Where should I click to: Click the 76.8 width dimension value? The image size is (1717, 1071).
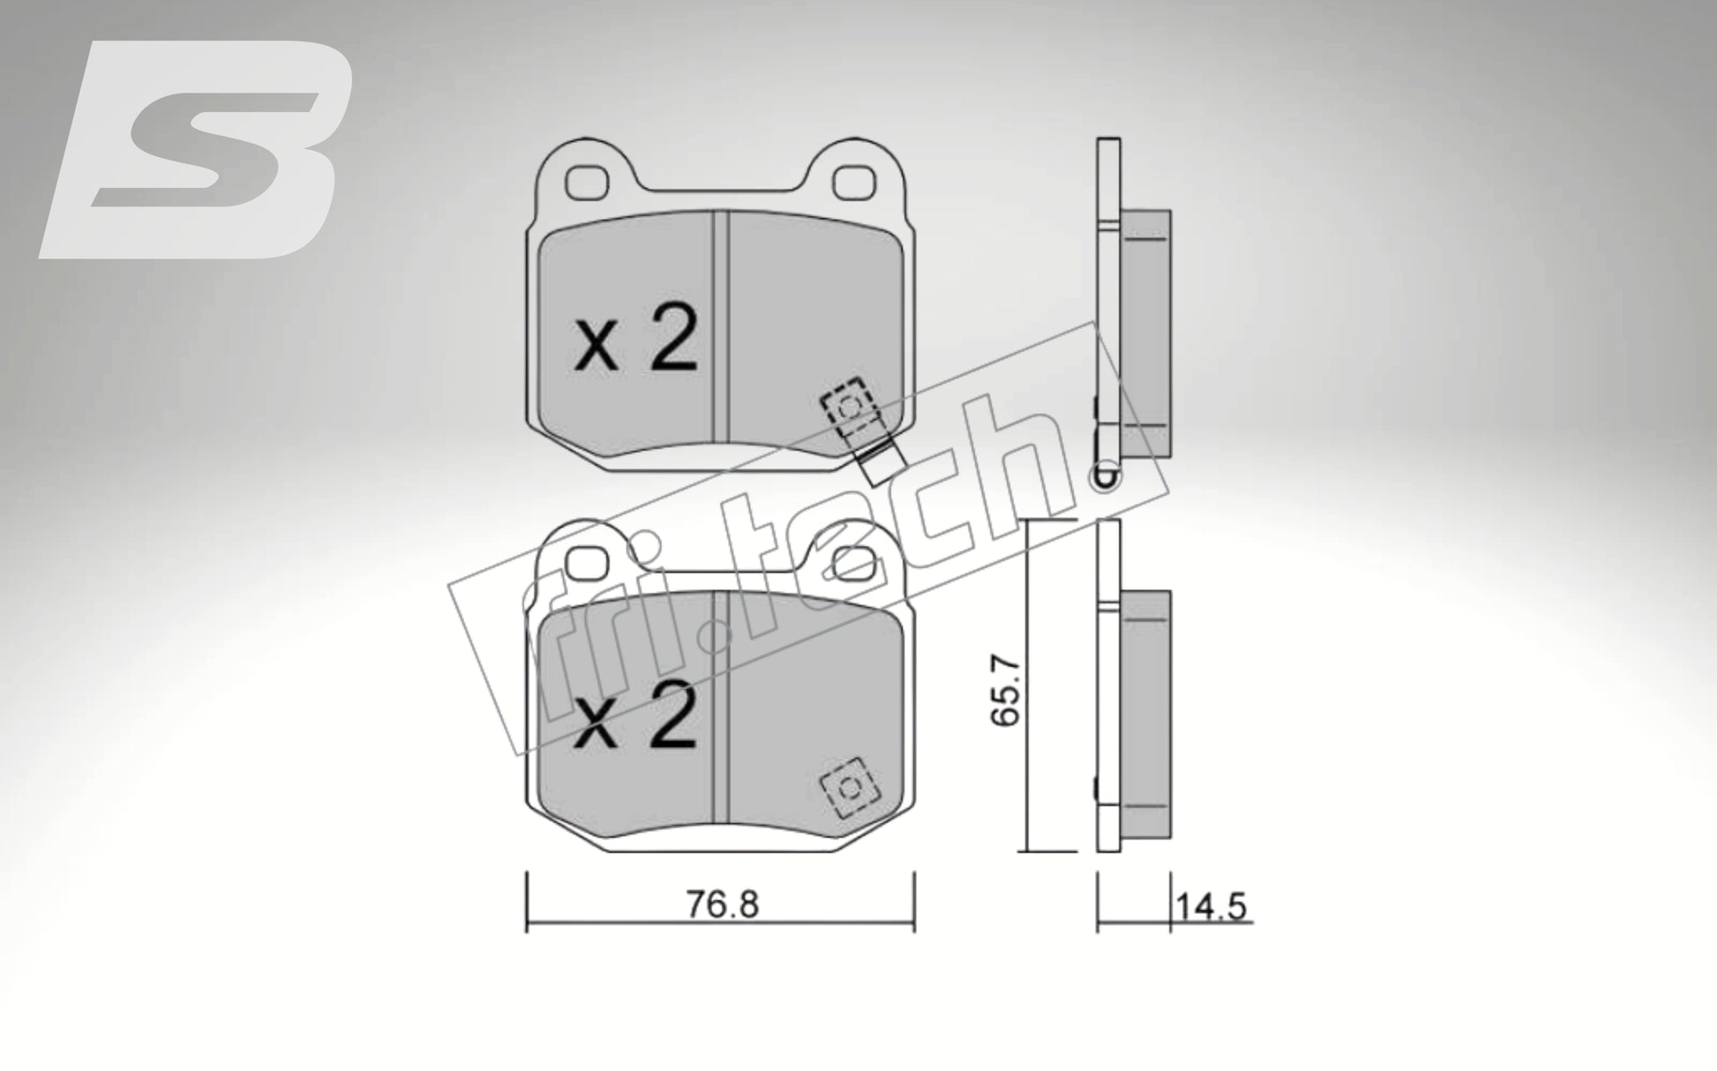(722, 905)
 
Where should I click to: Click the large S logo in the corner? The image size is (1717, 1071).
(196, 150)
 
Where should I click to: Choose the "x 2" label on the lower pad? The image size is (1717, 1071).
(635, 719)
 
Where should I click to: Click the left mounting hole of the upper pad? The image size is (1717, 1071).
(588, 182)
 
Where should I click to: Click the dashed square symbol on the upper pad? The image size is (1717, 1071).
(845, 407)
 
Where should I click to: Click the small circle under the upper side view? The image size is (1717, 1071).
(1104, 481)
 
